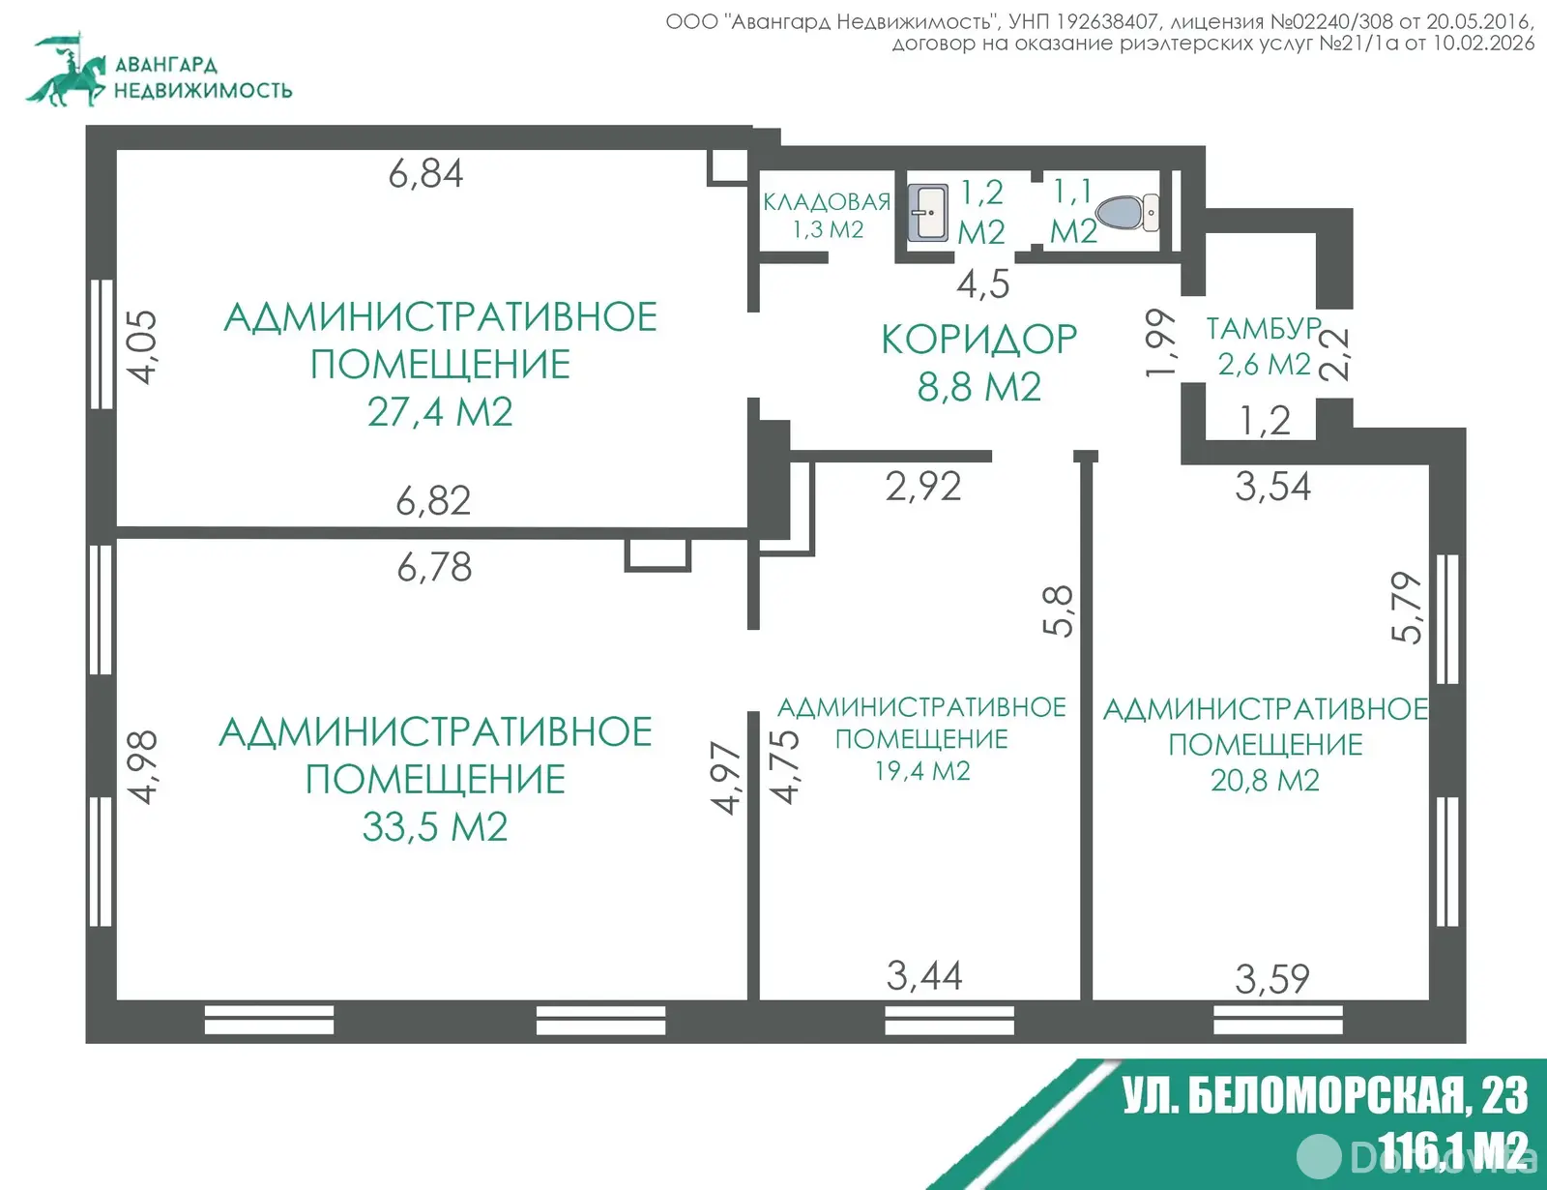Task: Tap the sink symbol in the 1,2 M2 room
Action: click(928, 213)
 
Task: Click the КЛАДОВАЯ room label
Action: click(827, 202)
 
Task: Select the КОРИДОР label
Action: click(978, 340)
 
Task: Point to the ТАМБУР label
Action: click(1263, 329)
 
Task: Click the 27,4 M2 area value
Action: click(440, 412)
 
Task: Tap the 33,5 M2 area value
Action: click(435, 827)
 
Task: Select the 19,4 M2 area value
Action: click(922, 771)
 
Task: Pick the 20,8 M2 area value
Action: click(1265, 781)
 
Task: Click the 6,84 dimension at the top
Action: click(425, 174)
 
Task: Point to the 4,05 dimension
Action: click(142, 346)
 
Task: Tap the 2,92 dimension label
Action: click(923, 487)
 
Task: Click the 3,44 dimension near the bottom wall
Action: click(924, 976)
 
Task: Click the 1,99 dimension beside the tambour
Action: click(1160, 342)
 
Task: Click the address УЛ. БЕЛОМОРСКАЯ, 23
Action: click(1325, 1096)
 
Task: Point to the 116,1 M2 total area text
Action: click(1450, 1151)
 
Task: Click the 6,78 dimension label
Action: click(434, 567)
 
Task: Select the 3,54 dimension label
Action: click(1272, 487)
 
